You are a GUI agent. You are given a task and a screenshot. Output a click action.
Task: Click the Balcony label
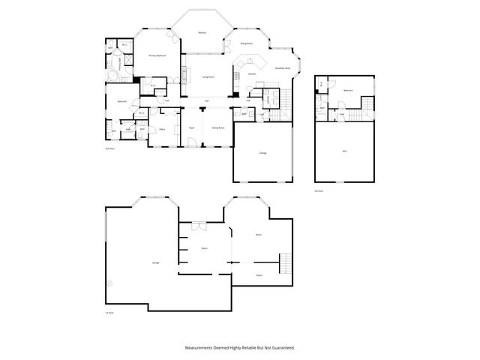(x=202, y=33)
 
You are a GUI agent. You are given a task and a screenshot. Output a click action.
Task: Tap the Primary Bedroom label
(x=157, y=56)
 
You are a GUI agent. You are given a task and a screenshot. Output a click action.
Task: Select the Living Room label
(x=208, y=77)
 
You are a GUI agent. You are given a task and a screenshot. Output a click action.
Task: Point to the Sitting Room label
(x=245, y=44)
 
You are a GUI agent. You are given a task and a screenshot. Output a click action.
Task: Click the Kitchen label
(x=253, y=74)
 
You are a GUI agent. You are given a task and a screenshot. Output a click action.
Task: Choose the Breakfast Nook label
(x=283, y=68)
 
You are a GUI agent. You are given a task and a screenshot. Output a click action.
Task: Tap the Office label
(x=161, y=129)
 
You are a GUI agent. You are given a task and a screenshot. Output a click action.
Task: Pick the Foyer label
(x=192, y=128)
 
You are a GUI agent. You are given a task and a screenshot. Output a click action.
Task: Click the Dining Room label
(x=218, y=128)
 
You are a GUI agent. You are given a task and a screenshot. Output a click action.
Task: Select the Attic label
(x=344, y=151)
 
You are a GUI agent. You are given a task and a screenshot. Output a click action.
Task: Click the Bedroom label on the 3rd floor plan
(x=348, y=91)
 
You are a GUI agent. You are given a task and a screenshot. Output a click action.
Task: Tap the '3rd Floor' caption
(x=319, y=190)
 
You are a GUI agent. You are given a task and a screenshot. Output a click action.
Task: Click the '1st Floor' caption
(x=109, y=313)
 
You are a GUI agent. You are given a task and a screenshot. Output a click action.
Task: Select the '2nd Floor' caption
(x=109, y=150)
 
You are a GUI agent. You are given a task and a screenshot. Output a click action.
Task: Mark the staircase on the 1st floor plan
(x=284, y=265)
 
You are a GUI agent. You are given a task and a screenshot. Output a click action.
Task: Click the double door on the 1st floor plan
(x=199, y=224)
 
